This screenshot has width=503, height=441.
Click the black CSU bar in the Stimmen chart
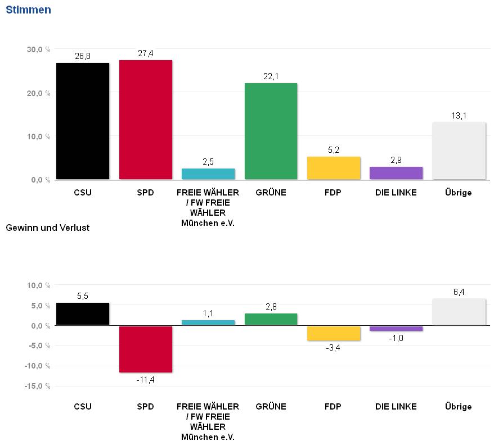[83, 121]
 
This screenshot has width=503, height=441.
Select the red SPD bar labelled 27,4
[145, 120]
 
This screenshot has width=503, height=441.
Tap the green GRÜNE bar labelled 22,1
[271, 131]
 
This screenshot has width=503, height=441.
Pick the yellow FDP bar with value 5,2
[334, 168]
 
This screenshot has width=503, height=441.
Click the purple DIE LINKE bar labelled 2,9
[396, 173]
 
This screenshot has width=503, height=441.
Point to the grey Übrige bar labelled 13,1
[459, 151]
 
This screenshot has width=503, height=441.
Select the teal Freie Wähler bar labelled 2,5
[208, 174]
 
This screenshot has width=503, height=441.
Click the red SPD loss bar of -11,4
[145, 349]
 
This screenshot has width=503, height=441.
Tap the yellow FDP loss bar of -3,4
[334, 333]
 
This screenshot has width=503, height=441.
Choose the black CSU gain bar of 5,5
[83, 314]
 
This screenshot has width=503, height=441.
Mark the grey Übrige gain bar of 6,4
[459, 312]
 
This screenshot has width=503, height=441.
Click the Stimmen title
[28, 10]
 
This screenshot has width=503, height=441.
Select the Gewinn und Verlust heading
[47, 228]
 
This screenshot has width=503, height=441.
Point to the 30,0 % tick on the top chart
[38, 49]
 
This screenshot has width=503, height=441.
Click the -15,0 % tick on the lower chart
[38, 387]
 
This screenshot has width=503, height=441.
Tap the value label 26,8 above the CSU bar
[83, 56]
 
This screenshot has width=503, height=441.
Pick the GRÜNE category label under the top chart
[271, 193]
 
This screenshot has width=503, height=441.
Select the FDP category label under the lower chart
[334, 406]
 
